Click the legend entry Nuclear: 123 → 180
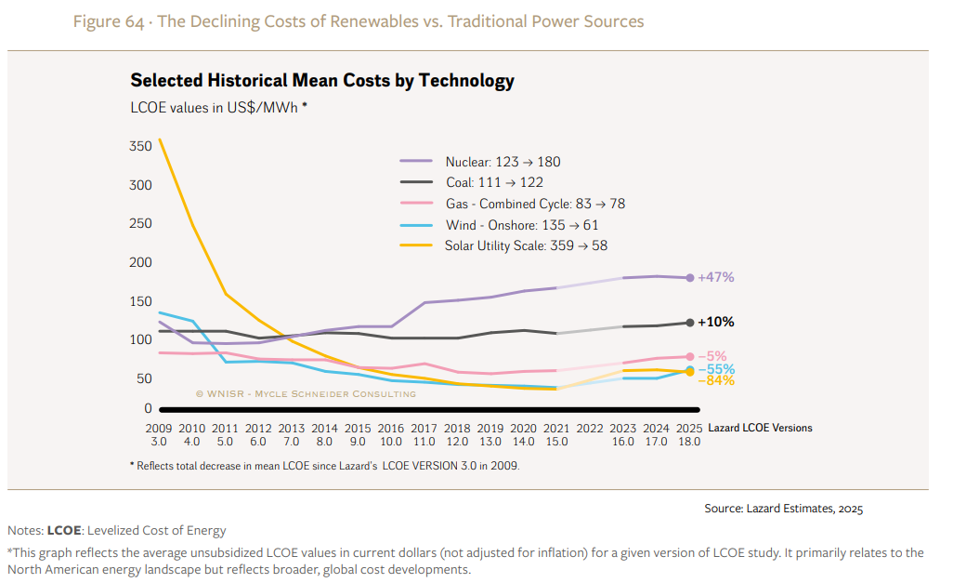click(x=503, y=162)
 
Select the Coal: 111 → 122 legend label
click(x=494, y=182)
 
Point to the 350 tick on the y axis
click(x=140, y=146)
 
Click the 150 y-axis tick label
click(x=140, y=301)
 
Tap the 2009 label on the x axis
click(x=159, y=428)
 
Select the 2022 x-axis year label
click(x=589, y=428)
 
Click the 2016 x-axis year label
click(x=390, y=428)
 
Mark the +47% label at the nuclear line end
click(x=716, y=277)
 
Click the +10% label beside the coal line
click(x=716, y=322)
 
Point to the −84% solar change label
click(x=716, y=380)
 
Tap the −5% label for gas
click(x=712, y=356)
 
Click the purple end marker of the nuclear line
click(x=689, y=277)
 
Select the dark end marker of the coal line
click(x=689, y=323)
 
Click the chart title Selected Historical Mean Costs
click(x=321, y=80)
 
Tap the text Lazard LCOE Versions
click(x=760, y=428)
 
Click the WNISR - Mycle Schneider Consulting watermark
click(x=306, y=394)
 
